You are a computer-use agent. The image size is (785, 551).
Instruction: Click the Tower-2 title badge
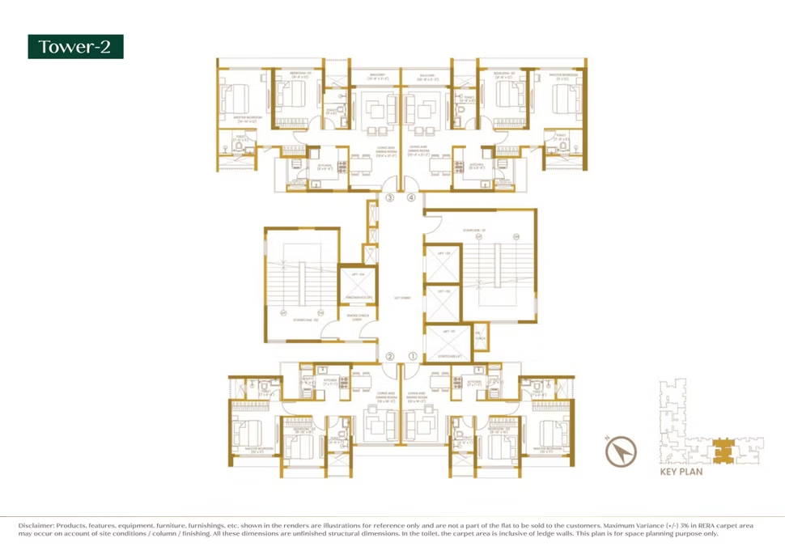(75, 47)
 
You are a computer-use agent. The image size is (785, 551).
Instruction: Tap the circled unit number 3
(389, 197)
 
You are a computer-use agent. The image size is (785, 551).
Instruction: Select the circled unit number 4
(411, 197)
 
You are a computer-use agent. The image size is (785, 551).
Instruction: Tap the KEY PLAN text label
(681, 472)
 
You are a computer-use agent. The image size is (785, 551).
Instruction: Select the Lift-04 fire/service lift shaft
(357, 285)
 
